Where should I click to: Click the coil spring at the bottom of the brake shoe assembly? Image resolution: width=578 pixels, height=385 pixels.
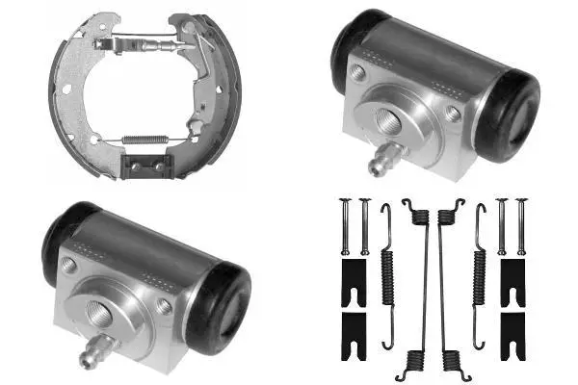click(149, 141)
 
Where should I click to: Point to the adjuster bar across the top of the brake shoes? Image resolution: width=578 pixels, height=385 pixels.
click(144, 44)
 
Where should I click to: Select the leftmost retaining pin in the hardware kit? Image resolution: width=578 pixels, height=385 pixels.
click(345, 226)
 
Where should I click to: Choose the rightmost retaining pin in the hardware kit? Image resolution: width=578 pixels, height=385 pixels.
click(522, 226)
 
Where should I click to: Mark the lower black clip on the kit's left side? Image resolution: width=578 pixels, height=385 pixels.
click(354, 325)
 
